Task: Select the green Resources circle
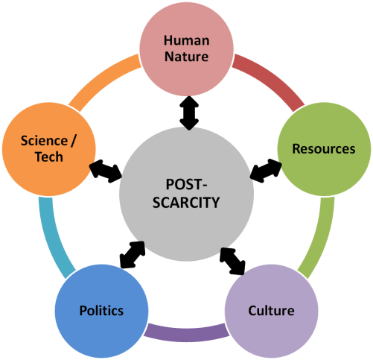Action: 322,148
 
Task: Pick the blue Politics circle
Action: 101,309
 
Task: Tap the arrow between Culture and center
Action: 233,259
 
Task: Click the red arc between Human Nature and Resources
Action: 266,83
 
